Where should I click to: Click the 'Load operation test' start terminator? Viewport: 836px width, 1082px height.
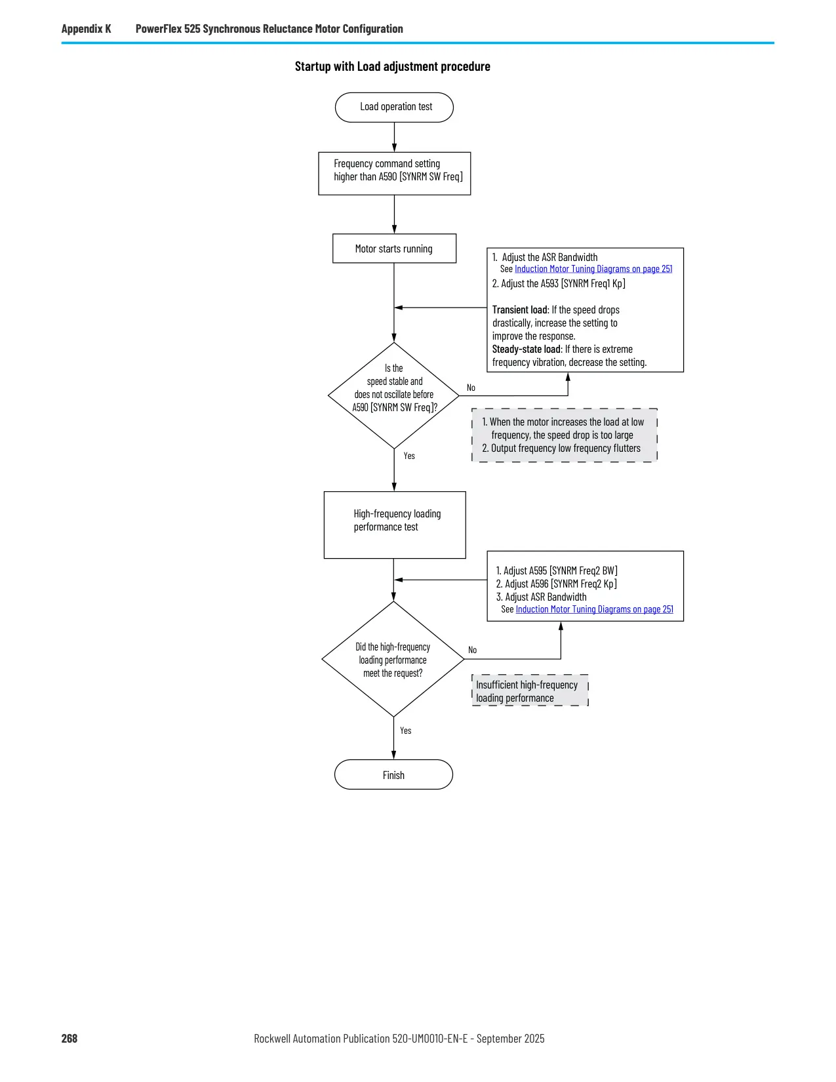[394, 107]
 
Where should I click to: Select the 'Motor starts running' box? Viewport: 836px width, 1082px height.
[394, 249]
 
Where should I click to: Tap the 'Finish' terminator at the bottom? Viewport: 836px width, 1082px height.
[393, 775]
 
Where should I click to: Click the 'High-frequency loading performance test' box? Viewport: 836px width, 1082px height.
[395, 525]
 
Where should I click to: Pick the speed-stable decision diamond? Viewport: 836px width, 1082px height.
[393, 395]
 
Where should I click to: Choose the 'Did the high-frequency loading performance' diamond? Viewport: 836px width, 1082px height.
[393, 659]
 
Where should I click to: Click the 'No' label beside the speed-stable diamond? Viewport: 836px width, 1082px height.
[471, 388]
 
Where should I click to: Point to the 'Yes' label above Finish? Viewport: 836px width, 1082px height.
[406, 731]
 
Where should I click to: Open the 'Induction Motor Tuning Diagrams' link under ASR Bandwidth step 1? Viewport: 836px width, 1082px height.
[593, 269]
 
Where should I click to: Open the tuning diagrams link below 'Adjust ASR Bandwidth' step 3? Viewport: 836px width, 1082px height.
[595, 609]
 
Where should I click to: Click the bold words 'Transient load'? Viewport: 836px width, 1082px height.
[520, 310]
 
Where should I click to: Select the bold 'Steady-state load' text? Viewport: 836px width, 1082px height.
[527, 349]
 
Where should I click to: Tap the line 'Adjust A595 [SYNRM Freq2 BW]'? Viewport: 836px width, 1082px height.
[557, 571]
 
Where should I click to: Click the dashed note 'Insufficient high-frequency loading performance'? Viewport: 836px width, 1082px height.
[530, 691]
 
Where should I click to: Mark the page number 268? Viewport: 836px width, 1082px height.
[70, 1038]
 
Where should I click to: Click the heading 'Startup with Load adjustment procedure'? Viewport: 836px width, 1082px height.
[392, 66]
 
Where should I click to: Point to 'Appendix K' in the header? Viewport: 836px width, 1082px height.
[86, 29]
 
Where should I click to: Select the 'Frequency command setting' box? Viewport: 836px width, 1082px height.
[394, 173]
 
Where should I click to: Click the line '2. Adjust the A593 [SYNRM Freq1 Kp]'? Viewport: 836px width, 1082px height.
[559, 283]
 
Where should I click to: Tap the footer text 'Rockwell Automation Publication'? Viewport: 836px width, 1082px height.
[322, 1038]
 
